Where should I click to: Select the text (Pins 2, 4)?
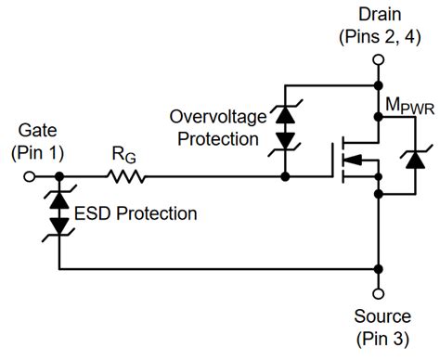click(x=378, y=37)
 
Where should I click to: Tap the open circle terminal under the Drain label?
click(x=377, y=61)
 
